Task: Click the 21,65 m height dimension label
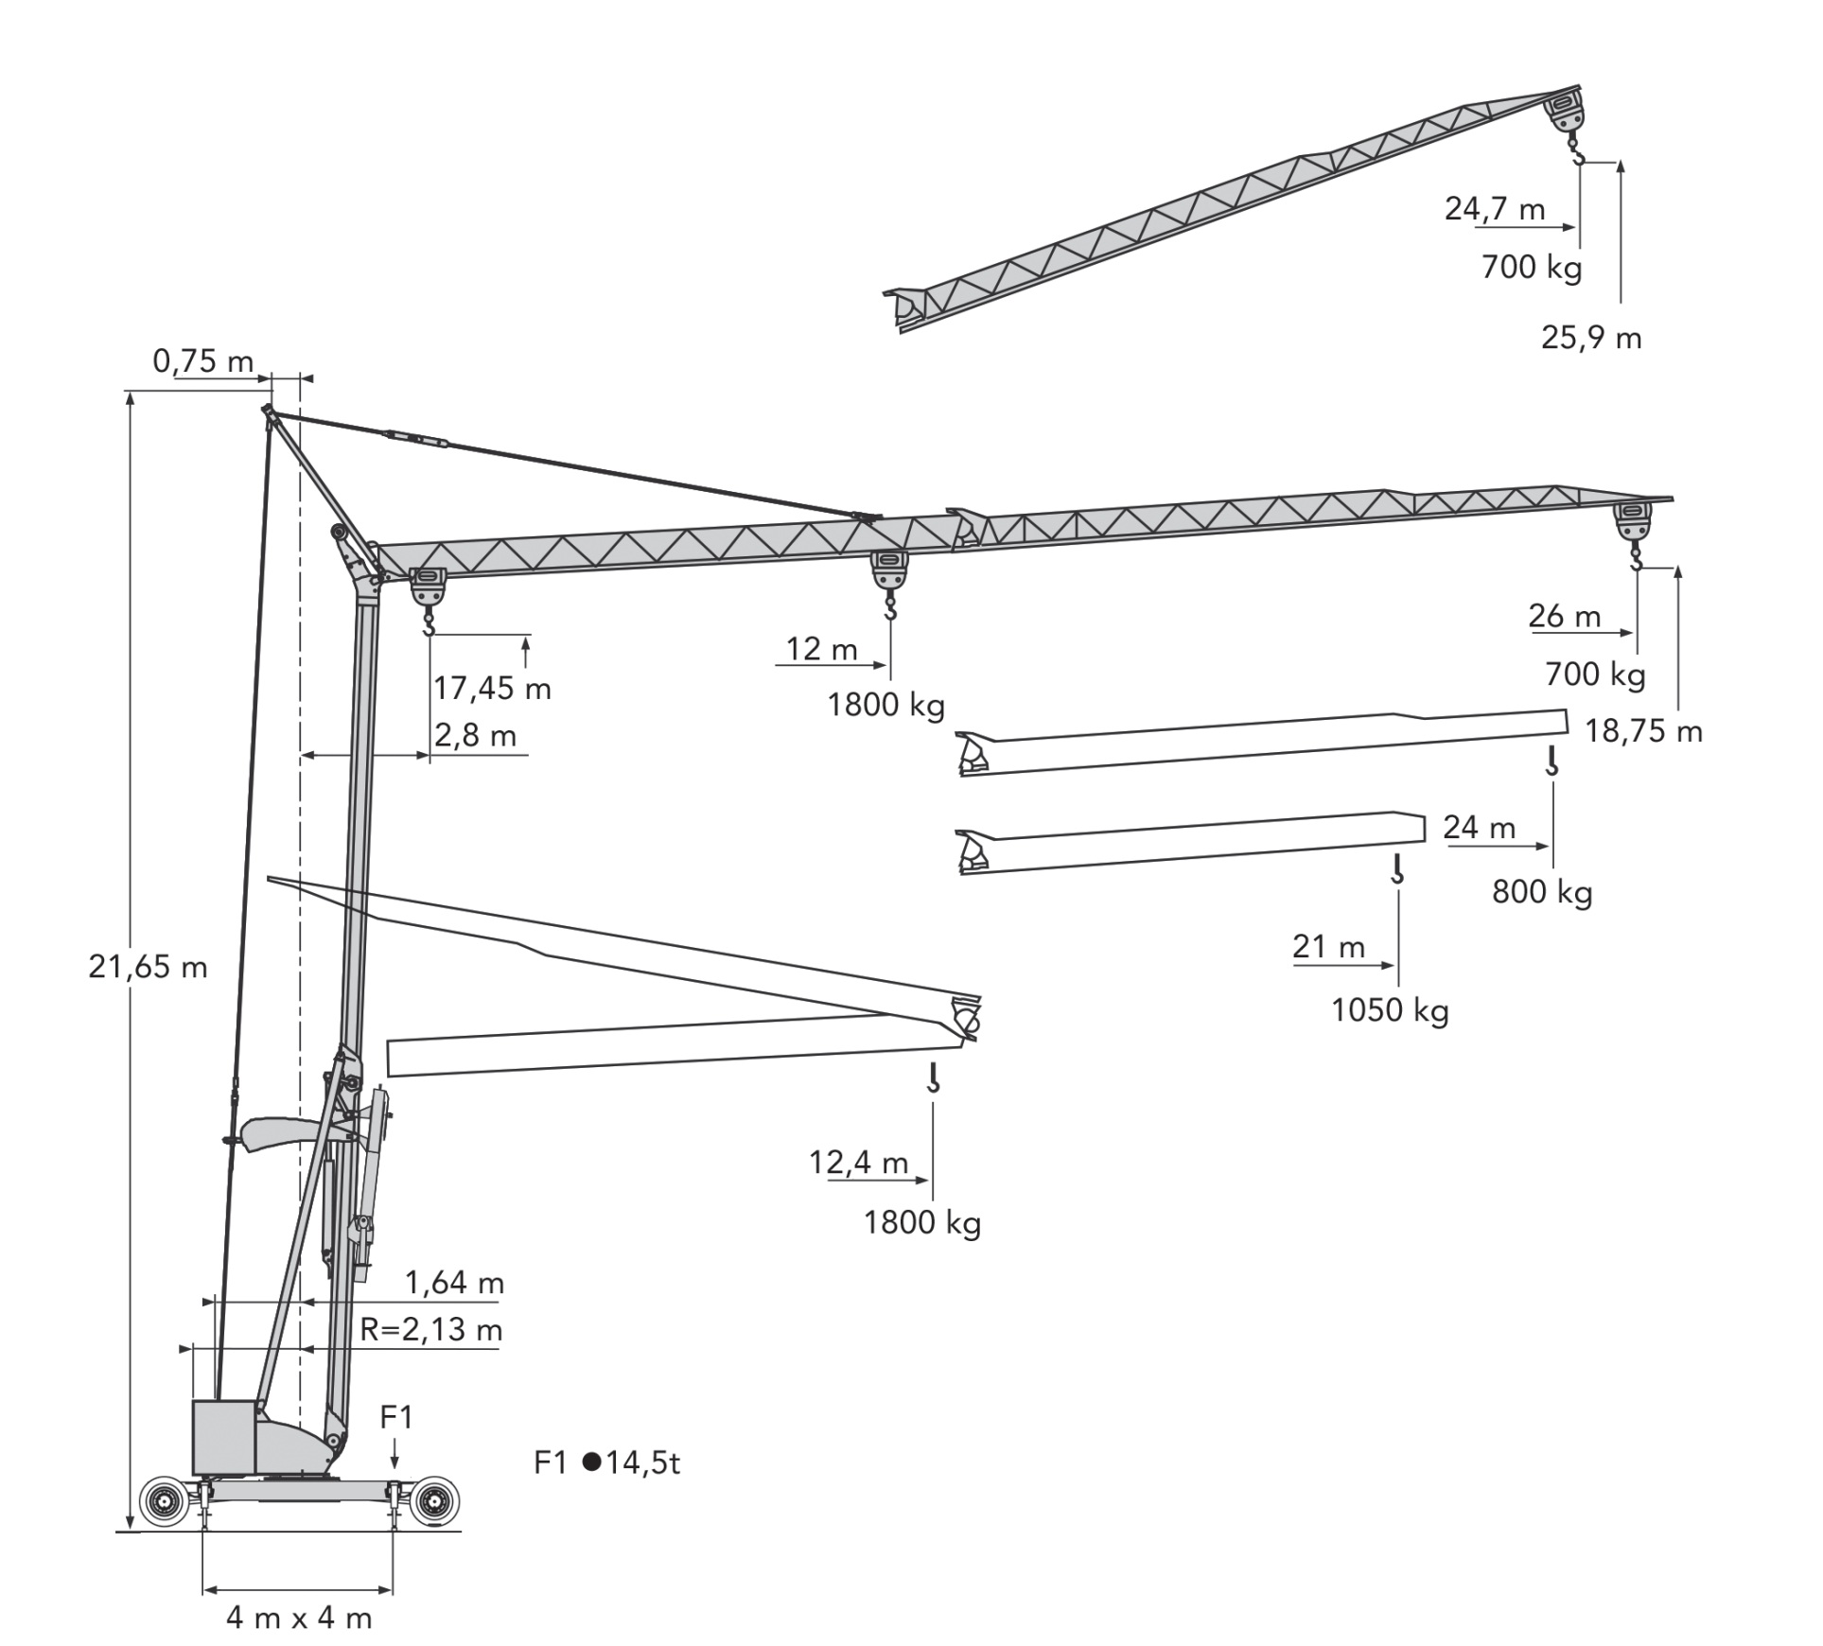148,967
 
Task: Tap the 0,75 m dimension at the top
202,360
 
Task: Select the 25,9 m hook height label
1591,338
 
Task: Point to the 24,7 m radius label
1494,208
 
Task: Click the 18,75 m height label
1643,731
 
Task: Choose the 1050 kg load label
1390,1010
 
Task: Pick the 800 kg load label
1542,892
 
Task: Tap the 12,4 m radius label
858,1162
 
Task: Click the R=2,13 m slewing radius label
430,1330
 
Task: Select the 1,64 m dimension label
454,1283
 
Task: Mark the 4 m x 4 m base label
299,1618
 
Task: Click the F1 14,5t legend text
606,1463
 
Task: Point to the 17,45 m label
492,688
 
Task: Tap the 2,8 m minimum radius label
475,735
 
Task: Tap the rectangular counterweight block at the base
223,1437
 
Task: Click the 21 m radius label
1328,946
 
